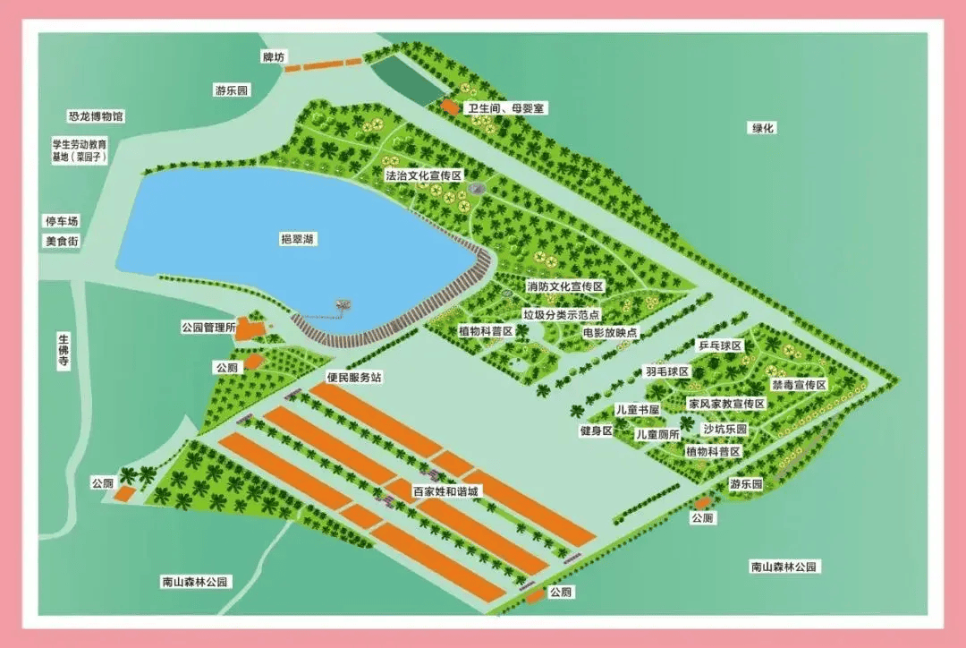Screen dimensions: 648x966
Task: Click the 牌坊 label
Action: [273, 57]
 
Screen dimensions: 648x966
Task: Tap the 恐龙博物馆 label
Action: [96, 116]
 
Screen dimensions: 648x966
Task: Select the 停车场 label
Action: [63, 221]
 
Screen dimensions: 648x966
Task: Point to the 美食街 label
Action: [63, 241]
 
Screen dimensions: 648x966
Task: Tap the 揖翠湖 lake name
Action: [300, 239]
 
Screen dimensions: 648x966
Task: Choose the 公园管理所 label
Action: [208, 328]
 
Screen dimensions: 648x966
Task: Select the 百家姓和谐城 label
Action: [445, 491]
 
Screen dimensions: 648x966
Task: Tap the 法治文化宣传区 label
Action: [423, 175]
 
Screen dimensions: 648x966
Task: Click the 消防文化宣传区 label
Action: [565, 286]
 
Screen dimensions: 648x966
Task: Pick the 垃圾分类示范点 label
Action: [561, 314]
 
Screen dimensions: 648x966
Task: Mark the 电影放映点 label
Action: [611, 332]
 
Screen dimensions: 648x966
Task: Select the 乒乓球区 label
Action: [720, 345]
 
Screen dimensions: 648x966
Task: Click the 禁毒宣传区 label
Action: [799, 384]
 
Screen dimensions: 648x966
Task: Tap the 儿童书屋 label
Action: [637, 409]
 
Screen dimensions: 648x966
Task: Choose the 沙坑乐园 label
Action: [724, 430]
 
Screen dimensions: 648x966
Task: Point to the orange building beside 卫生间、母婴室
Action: [449, 107]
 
